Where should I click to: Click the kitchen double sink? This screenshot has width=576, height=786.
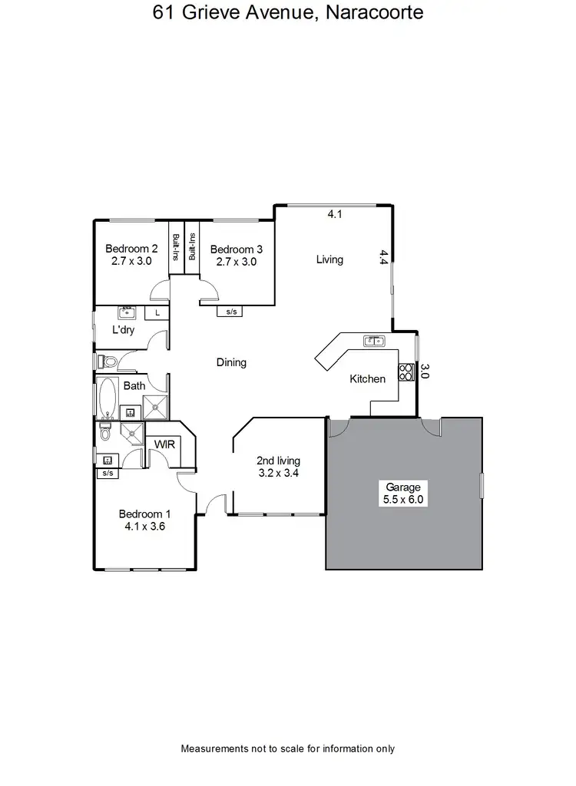374,340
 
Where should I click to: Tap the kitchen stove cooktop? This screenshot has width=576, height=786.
405,372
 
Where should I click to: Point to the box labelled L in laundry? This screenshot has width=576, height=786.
157,312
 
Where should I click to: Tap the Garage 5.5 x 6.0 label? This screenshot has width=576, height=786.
404,493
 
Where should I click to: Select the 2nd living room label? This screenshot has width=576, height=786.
278,467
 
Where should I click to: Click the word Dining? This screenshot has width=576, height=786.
231,362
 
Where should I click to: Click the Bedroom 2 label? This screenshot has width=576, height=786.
131,255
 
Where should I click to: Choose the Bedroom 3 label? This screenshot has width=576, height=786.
237,255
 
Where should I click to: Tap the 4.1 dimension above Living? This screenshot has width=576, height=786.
334,216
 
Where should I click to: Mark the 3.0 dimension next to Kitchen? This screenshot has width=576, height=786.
425,372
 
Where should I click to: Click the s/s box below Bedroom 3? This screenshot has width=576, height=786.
230,312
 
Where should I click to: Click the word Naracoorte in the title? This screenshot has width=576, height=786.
374,13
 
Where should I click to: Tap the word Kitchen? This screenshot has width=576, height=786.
367,378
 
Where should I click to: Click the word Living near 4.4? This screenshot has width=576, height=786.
329,259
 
